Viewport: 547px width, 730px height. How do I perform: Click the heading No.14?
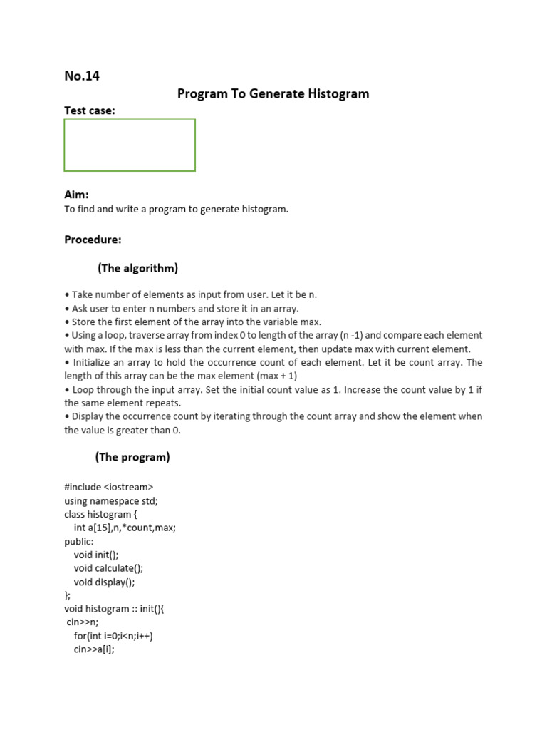pos(82,76)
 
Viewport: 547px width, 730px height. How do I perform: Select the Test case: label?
pos(90,110)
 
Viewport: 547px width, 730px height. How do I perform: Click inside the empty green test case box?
pos(130,145)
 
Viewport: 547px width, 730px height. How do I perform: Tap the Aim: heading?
pos(76,195)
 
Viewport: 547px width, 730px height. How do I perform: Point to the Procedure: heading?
pos(93,240)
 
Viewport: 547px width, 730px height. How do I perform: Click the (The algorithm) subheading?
pos(137,268)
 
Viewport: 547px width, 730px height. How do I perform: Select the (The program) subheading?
pos(132,457)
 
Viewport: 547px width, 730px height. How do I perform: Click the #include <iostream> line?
pos(109,488)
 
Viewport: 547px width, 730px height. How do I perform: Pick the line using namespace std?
pos(111,500)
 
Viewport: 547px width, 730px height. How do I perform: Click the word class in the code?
pos(75,514)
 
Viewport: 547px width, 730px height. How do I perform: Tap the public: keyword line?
pos(79,541)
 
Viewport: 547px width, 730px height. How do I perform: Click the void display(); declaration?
pos(104,582)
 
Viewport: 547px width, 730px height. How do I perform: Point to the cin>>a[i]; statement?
pos(94,649)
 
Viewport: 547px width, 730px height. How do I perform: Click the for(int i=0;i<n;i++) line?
pos(113,636)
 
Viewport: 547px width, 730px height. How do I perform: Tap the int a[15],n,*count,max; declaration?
pos(125,528)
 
